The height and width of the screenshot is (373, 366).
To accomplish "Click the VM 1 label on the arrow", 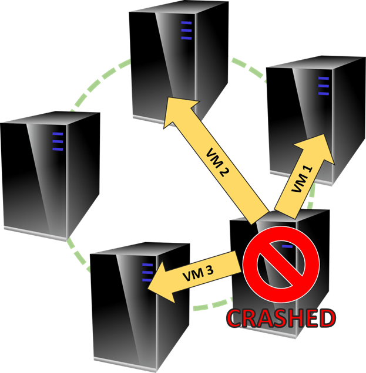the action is [x=301, y=179].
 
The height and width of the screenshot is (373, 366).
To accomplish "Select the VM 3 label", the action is [x=198, y=273].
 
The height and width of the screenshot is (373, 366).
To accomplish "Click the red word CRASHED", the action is [x=281, y=318].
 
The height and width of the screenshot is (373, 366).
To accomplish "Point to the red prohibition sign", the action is [x=281, y=265].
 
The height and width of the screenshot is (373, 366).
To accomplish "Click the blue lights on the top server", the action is [x=186, y=30].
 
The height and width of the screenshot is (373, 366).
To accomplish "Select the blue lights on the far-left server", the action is [x=58, y=141].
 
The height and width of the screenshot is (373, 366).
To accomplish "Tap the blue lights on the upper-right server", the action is [x=323, y=86].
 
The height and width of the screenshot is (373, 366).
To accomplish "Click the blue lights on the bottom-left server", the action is [x=147, y=273].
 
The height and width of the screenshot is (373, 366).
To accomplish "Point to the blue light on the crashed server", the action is [x=287, y=246].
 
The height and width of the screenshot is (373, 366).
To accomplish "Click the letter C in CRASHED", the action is [x=235, y=318].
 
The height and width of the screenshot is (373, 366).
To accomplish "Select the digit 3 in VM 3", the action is [x=209, y=270].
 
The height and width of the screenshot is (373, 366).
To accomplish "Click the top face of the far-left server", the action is [x=51, y=118].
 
